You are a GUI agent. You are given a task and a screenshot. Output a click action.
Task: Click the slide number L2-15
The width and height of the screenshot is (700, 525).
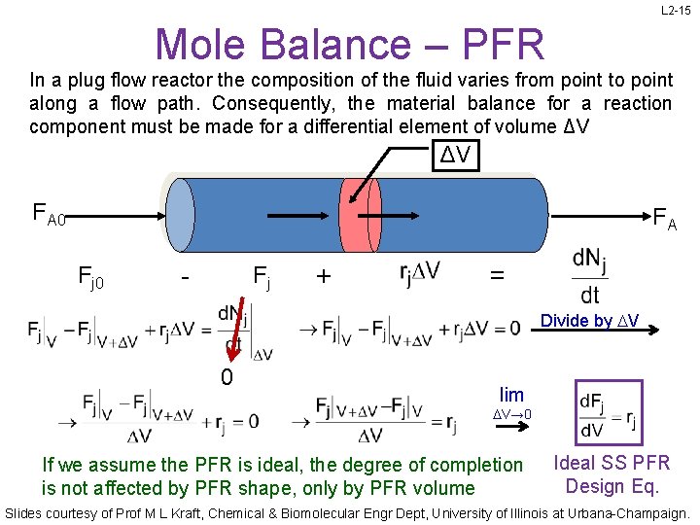click(676, 11)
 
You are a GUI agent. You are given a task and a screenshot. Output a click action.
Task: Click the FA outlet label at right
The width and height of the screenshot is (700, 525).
click(665, 218)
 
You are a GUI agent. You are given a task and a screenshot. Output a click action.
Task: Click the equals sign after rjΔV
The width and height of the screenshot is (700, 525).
click(497, 275)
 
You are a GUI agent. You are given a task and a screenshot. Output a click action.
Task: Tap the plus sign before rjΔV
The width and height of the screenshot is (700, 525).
click(323, 277)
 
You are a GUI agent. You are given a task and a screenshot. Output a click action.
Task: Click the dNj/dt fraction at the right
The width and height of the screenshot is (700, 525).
click(589, 276)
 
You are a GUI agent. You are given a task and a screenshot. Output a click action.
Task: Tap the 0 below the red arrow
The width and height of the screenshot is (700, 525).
click(226, 376)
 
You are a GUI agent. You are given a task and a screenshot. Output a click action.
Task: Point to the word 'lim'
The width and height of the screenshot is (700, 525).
click(511, 395)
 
